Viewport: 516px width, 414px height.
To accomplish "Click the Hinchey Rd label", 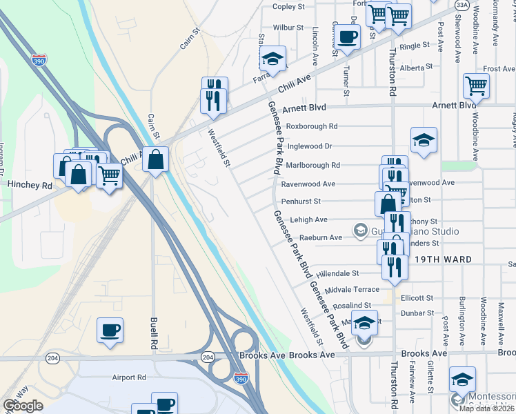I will point(30,186).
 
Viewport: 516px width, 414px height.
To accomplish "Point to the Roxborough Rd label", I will point(312,126).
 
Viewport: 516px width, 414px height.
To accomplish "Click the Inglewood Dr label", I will point(310,146).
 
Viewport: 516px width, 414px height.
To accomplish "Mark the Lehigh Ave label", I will point(308,219).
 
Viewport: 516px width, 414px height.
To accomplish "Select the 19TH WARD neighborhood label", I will point(443,259).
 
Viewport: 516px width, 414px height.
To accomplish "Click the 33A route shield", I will point(462,5).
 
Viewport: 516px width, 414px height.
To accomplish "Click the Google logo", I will point(23,406).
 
